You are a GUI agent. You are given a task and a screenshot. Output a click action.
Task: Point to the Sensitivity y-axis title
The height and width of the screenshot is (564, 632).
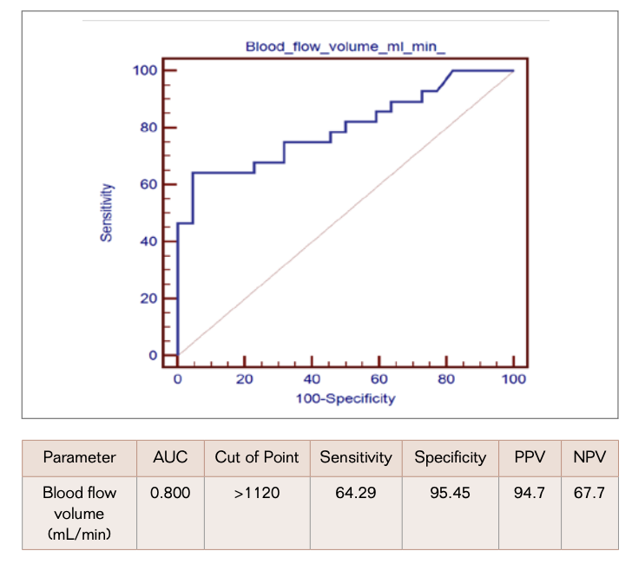point(105,213)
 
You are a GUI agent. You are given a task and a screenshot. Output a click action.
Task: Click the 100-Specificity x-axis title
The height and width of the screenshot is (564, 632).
point(345,398)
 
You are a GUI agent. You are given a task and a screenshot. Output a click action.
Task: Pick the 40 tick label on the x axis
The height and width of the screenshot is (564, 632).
point(311,379)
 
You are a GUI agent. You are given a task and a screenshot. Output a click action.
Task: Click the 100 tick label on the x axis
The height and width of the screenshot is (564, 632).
point(513,379)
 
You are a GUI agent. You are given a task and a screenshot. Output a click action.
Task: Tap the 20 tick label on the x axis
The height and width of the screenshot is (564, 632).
point(244,379)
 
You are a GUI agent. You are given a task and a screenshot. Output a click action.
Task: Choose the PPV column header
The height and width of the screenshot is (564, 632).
point(529,457)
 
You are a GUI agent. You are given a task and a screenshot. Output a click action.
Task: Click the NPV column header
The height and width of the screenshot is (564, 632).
point(589,457)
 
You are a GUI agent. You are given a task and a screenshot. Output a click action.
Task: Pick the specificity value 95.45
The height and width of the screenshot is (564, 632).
point(450,493)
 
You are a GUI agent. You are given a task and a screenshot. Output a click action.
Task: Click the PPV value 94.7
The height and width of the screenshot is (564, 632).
point(529,493)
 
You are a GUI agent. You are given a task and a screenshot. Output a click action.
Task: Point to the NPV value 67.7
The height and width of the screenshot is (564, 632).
point(589,493)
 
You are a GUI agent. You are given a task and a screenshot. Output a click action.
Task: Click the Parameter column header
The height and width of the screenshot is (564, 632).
point(79,457)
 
